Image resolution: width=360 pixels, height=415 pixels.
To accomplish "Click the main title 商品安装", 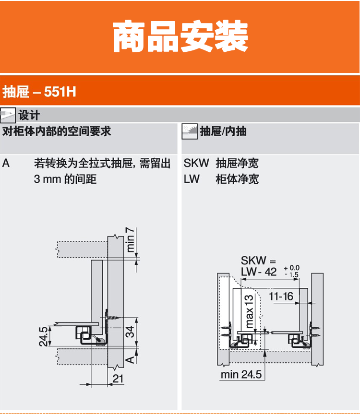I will pos(180,37).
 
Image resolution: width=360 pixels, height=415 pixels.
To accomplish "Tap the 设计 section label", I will pos(29,115).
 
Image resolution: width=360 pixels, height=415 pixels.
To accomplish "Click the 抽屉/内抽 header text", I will pos(223,131).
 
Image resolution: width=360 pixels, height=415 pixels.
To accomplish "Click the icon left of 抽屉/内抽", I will pos(190,131).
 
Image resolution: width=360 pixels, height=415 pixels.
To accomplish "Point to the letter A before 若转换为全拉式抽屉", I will pos(6,163).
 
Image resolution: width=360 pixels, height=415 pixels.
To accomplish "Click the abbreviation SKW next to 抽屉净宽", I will pos(196,163).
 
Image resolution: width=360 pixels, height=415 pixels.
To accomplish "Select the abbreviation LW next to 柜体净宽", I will pos(192,179).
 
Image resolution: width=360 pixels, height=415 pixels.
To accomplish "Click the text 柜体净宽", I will pos(237,179).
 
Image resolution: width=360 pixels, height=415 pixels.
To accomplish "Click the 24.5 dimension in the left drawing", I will pos(44,336).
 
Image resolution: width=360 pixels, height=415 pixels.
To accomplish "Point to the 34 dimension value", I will pos(130,331).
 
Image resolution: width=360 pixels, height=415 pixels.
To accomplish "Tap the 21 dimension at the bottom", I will pos(118,379).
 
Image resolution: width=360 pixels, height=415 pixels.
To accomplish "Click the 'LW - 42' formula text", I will pos(259,272).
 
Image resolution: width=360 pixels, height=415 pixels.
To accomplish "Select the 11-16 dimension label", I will pos(281,296).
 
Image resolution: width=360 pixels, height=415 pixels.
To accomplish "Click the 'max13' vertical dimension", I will pos(249,311).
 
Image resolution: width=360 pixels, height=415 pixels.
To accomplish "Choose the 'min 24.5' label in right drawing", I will pos(241,374).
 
